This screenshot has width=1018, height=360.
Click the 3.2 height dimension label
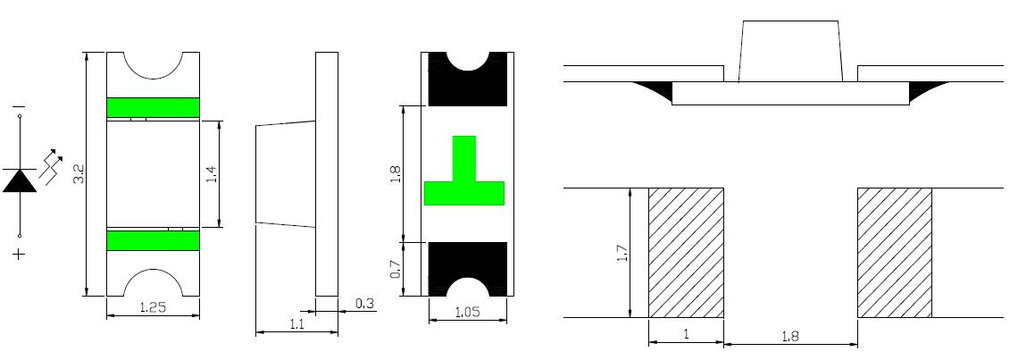(79, 172)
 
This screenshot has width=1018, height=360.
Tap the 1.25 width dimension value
(153, 307)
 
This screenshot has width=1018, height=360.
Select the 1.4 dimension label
(211, 173)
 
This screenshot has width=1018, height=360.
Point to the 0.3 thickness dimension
(365, 304)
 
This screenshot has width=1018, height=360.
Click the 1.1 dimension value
(296, 325)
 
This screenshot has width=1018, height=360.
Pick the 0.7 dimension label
(395, 269)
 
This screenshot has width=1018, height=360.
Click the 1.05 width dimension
(467, 312)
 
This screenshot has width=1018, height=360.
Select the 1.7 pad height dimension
(622, 254)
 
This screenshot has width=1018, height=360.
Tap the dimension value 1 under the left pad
(686, 335)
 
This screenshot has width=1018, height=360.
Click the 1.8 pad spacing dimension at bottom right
(790, 337)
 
